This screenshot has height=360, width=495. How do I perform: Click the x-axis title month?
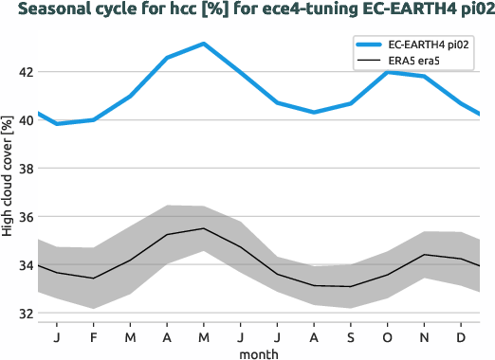pos(258,352)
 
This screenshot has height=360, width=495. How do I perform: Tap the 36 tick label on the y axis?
pos(24,217)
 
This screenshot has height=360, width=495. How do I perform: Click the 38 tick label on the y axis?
pos(24,169)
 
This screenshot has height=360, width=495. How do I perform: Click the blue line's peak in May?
pos(203,44)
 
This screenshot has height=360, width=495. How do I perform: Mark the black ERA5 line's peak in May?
pos(203,228)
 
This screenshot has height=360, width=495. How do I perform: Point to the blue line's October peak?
pos(387,72)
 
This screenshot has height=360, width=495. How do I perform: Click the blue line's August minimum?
pos(314,112)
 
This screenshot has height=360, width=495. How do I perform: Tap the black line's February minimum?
pos(93,279)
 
